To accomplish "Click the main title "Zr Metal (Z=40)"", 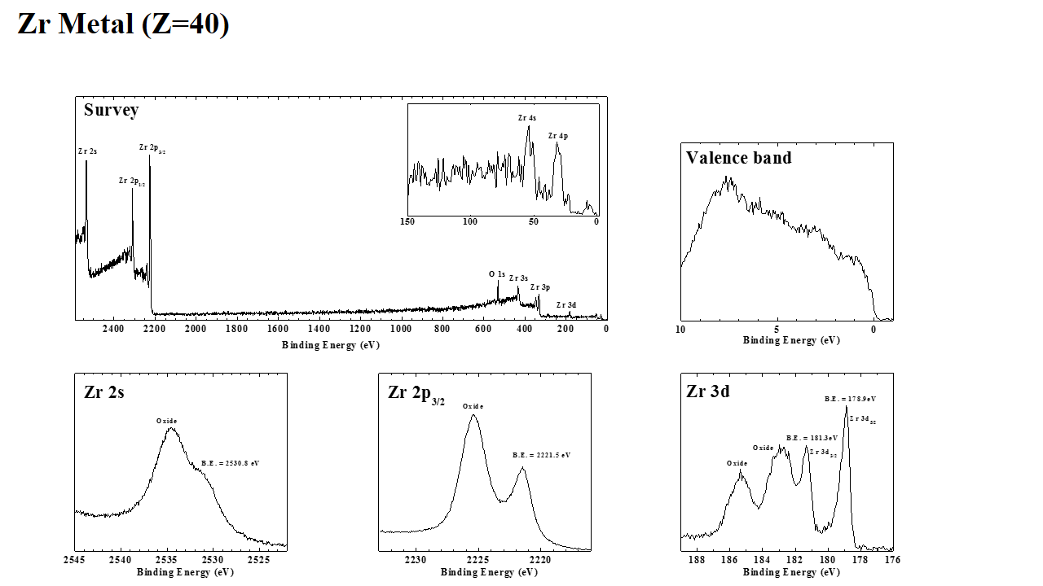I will [123, 24].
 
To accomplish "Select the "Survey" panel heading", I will [111, 110].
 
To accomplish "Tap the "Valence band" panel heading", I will [738, 158].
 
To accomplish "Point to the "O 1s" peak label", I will [497, 274].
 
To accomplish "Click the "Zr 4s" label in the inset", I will [526, 118].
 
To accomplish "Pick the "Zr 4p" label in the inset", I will [557, 136].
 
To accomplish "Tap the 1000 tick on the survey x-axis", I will [400, 329].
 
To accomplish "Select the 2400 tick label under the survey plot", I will [113, 329].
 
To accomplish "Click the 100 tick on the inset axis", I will [470, 221].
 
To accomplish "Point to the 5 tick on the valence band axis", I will [777, 330].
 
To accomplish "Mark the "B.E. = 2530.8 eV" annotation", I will [230, 463].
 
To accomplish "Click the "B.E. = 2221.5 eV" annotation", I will [541, 455].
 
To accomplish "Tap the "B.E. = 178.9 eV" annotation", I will [850, 399].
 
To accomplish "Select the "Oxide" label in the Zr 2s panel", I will [167, 421].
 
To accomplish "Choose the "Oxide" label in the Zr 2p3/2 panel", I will [473, 406].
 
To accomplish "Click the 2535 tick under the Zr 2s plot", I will [167, 560].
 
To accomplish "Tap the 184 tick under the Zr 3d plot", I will [762, 560].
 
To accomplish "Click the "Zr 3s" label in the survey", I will [518, 278].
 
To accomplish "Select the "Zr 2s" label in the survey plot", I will [87, 151].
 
